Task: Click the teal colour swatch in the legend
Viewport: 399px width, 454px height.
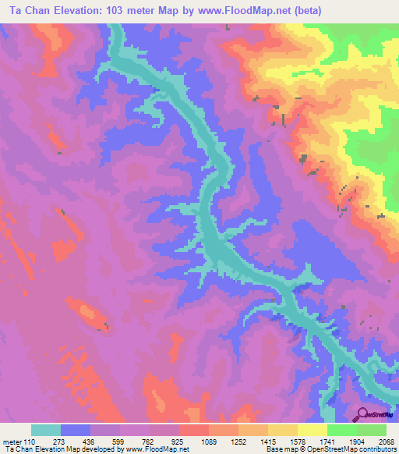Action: [x=46, y=430]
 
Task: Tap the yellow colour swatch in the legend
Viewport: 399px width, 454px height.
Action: [x=312, y=430]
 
